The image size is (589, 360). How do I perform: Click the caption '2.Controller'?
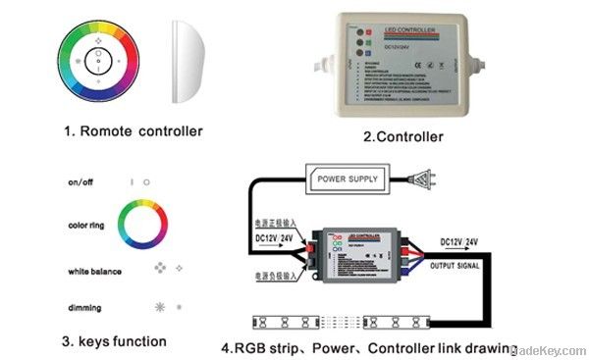tap(402, 136)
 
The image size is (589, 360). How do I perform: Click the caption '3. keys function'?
tap(113, 341)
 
